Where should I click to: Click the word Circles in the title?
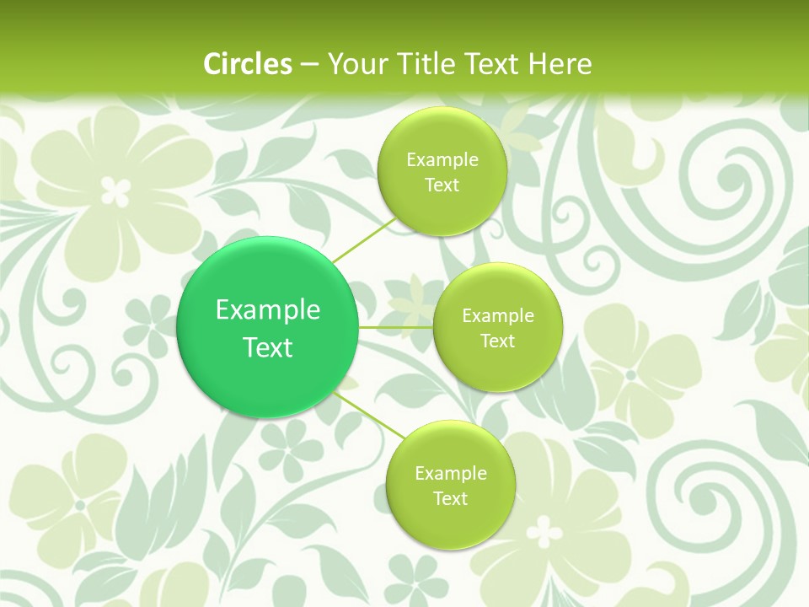click(247, 63)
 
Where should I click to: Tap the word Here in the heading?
click(560, 63)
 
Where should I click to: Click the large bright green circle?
click(268, 327)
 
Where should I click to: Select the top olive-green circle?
click(442, 170)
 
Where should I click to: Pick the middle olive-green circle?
click(497, 327)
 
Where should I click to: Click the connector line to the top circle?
click(364, 241)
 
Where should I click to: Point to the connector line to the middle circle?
click(396, 327)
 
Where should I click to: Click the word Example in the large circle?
click(268, 310)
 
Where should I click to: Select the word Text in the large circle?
click(268, 347)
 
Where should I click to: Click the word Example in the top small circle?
click(442, 160)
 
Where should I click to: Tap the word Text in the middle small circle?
click(497, 341)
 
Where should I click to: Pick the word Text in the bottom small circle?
click(450, 498)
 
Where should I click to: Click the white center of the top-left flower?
click(116, 191)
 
